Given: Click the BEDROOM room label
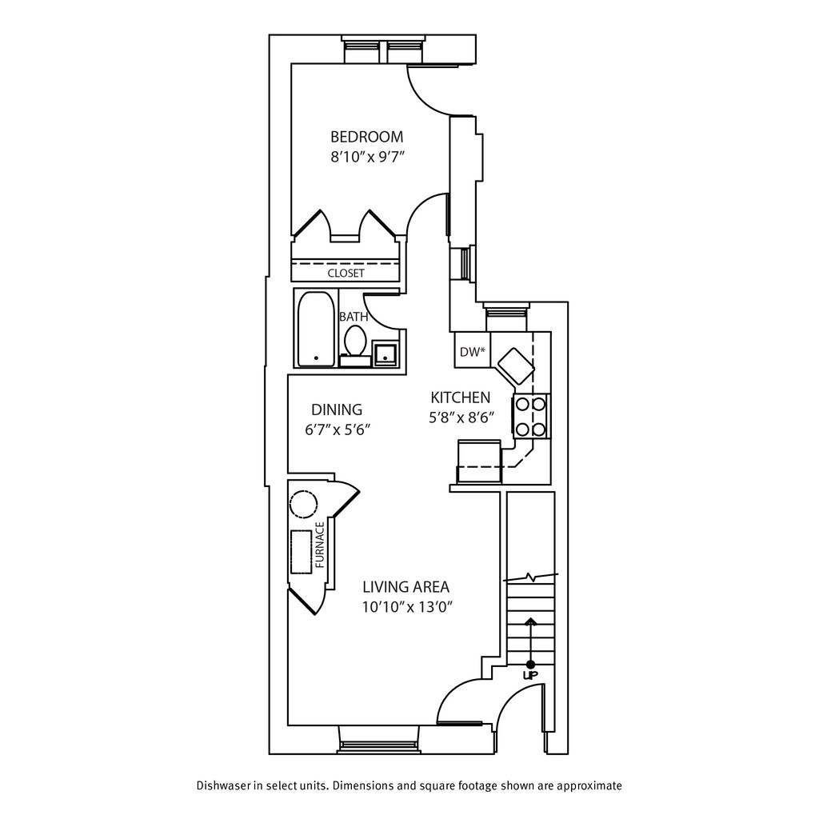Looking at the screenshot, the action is click(x=367, y=137).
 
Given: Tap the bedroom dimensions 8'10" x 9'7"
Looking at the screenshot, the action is click(x=367, y=157).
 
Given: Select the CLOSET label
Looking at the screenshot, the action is click(x=346, y=274).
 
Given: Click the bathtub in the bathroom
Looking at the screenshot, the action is click(x=315, y=330).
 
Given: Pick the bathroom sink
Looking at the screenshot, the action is click(x=386, y=352).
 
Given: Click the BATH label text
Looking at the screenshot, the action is click(x=354, y=317).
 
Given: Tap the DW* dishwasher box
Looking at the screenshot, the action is click(x=470, y=352).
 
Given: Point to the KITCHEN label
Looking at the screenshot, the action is click(x=460, y=398).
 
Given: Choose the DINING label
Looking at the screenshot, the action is click(x=337, y=409).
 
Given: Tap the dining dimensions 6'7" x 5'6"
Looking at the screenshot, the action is click(x=337, y=429).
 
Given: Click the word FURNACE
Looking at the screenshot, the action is click(x=321, y=545).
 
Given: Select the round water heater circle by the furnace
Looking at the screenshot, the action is click(x=303, y=505).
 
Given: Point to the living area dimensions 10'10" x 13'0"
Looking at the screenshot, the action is click(x=408, y=607).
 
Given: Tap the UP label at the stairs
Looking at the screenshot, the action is click(x=529, y=676).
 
